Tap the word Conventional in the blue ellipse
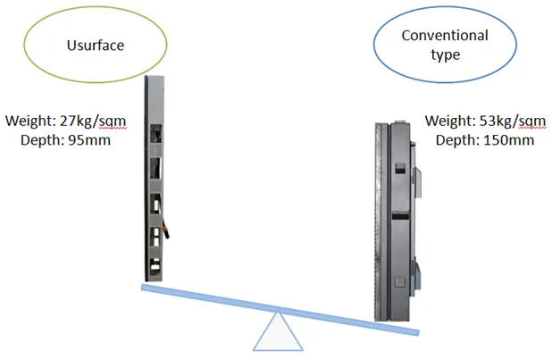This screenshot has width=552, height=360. point(445,36)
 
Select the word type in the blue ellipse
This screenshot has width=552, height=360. point(445,54)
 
